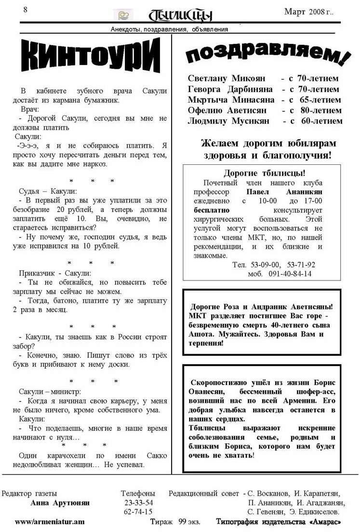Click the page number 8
tap(25, 10)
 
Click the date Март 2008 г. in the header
tap(308, 12)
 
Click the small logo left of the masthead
tap(123, 15)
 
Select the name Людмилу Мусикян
tap(228, 121)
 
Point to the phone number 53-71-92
tap(301, 265)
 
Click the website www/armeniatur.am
tap(50, 522)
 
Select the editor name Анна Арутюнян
tap(60, 503)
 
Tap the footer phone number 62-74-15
tap(138, 512)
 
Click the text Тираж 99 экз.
tap(175, 522)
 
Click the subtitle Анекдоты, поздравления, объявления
tap(169, 29)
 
